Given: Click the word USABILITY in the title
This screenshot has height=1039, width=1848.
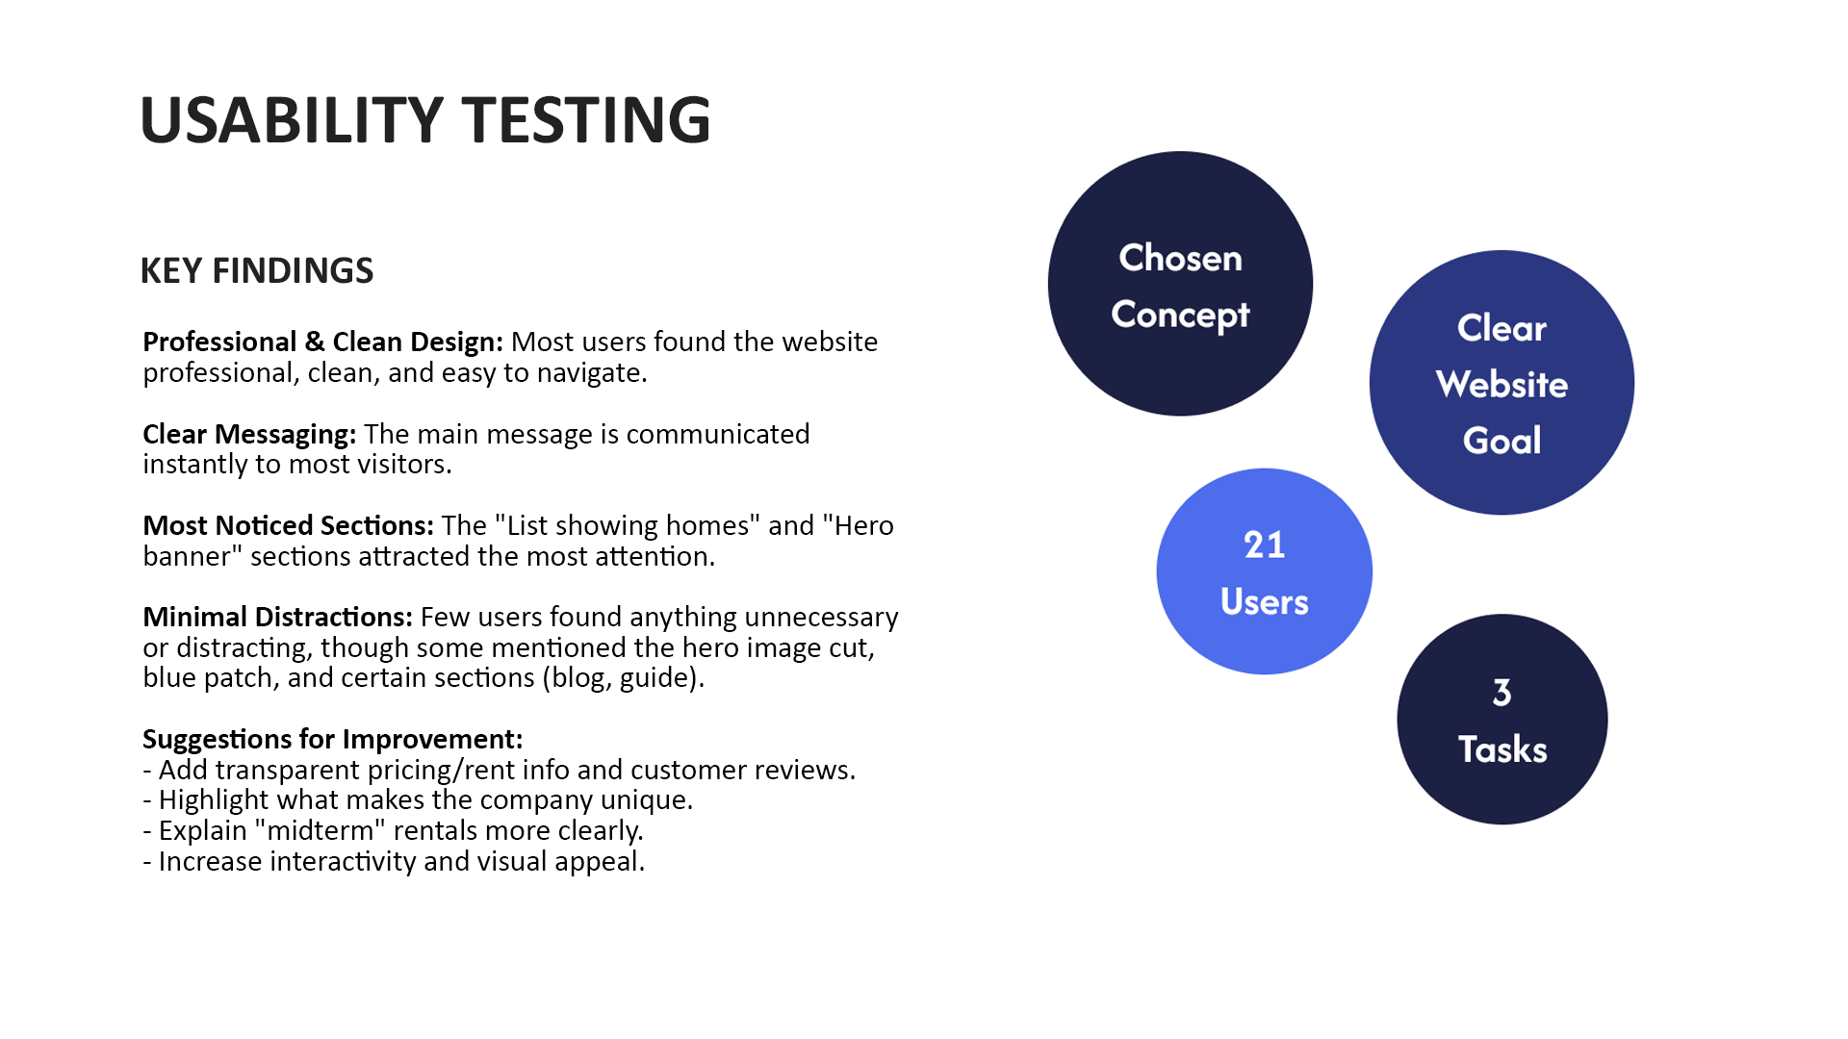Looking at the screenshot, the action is pyautogui.click(x=292, y=120).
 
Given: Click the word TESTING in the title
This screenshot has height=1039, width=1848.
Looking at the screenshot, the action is pyautogui.click(x=586, y=120).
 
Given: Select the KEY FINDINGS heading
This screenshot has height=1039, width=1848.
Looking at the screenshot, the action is pyautogui.click(x=257, y=271).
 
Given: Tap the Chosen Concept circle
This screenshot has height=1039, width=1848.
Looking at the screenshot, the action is pyautogui.click(x=1180, y=284).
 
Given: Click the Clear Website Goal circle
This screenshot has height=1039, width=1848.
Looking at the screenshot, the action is pyautogui.click(x=1501, y=383).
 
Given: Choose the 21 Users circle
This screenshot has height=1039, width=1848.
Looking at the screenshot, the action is pyautogui.click(x=1265, y=571).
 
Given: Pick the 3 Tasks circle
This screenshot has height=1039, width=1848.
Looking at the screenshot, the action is pyautogui.click(x=1502, y=720).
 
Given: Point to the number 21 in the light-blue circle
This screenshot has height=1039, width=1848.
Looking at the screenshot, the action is pyautogui.click(x=1264, y=545).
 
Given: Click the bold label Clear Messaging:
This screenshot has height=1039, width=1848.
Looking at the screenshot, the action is pyautogui.click(x=249, y=435).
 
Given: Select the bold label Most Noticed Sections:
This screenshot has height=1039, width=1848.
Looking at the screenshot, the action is pyautogui.click(x=288, y=525).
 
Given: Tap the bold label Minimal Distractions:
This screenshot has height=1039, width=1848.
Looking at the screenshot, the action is pyautogui.click(x=277, y=617).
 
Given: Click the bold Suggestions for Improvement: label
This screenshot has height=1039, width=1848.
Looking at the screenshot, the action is pyautogui.click(x=333, y=739).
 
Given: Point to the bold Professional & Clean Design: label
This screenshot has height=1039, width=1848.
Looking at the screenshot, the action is pyautogui.click(x=322, y=342).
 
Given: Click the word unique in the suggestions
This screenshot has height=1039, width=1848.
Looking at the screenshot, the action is pyautogui.click(x=644, y=800).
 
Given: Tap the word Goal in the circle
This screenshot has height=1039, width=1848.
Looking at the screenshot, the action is pyautogui.click(x=1501, y=441).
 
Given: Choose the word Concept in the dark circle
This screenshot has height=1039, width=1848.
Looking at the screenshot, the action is pyautogui.click(x=1180, y=316).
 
